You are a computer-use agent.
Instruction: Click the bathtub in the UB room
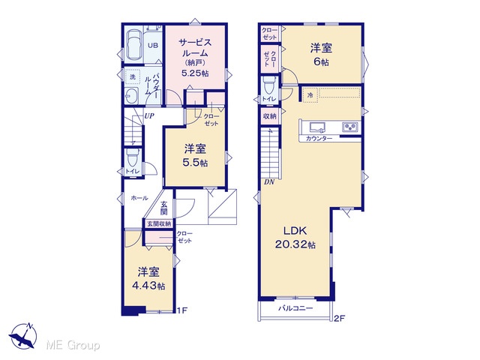[x=134, y=46]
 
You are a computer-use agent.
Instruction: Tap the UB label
[x=153, y=46]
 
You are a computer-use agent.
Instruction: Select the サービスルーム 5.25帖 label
[x=195, y=58]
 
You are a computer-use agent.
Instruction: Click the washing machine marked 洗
[x=133, y=76]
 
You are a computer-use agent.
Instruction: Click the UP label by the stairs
[x=149, y=116]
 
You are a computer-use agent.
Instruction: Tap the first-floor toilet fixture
[x=133, y=158]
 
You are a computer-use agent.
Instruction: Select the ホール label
[x=139, y=198]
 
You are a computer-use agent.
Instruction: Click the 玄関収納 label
[x=158, y=223]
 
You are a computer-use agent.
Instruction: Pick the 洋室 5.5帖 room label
[x=195, y=156]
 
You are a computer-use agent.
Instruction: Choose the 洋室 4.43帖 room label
[x=148, y=278]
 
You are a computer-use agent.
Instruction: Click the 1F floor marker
[x=181, y=310]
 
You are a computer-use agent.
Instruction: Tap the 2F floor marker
[x=339, y=318]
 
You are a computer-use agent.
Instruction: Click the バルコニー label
[x=295, y=308]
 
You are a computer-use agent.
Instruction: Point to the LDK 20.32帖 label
[x=295, y=238]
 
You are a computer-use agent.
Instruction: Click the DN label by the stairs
[x=269, y=182]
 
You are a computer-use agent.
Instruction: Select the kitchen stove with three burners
[x=350, y=127]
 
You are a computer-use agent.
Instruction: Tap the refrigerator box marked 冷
[x=310, y=95]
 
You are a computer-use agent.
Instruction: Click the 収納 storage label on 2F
[x=270, y=116]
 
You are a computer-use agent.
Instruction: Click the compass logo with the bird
[x=23, y=336]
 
